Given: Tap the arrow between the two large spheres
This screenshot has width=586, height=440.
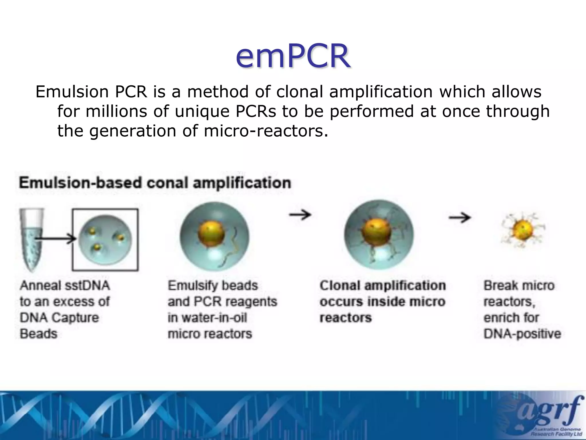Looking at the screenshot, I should pyautogui.click(x=300, y=215).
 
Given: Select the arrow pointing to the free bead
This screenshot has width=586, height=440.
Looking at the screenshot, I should pyautogui.click(x=460, y=218).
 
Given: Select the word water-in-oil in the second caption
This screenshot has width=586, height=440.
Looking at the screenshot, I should pyautogui.click(x=207, y=318).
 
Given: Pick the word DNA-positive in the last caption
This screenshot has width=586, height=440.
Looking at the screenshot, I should pyautogui.click(x=522, y=334).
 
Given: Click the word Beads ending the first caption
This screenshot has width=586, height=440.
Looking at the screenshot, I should pyautogui.click(x=39, y=334).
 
